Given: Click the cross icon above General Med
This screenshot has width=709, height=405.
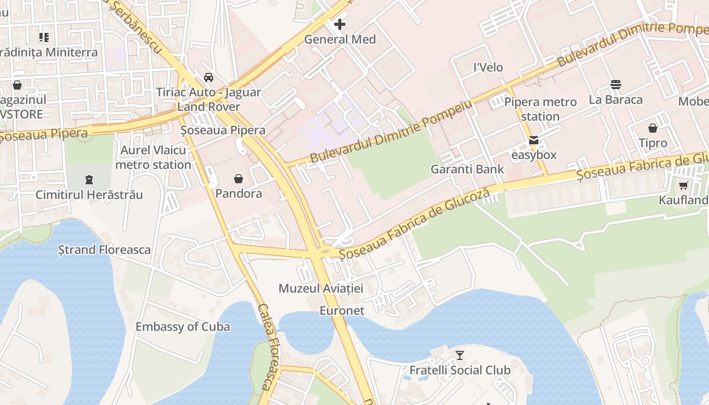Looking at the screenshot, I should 340,24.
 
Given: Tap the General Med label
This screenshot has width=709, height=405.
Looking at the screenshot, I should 340,39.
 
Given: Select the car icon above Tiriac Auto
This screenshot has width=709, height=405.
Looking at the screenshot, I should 208,77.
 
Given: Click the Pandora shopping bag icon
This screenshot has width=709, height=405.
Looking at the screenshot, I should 239,179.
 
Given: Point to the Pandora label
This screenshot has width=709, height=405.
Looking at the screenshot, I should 239,193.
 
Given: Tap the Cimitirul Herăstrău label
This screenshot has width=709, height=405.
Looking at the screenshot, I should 89,194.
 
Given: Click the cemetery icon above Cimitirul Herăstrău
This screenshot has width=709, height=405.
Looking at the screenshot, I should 89,179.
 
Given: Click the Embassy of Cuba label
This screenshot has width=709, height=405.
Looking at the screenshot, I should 182,327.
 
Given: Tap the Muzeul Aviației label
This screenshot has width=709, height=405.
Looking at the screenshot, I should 321,289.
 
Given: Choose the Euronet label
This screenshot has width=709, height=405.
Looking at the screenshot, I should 342,310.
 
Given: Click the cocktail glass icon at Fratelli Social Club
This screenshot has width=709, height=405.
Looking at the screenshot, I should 460,355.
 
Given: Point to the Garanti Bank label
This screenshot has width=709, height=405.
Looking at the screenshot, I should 467,169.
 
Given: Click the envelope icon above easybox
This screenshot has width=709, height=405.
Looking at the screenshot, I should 534,140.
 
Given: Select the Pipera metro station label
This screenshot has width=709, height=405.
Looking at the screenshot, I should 540,109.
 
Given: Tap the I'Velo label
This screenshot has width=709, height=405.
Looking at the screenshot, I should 488,67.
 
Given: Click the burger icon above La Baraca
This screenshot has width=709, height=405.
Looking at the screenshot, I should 616,85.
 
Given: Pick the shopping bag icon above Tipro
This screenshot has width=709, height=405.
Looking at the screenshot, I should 653,128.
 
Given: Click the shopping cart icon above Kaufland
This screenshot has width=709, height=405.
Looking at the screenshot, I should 684,186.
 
